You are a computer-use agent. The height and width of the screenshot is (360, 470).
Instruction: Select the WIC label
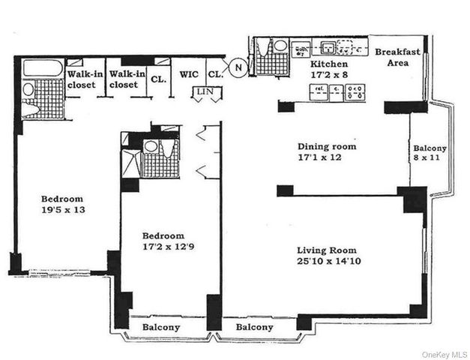tap(188, 75)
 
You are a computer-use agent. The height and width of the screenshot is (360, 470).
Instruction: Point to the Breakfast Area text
tap(397, 58)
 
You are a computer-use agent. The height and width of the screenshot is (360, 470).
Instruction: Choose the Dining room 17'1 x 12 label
tap(327, 152)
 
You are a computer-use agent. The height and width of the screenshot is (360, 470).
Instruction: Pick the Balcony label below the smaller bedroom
tap(160, 328)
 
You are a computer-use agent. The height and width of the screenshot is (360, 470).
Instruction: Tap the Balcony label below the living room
tap(254, 328)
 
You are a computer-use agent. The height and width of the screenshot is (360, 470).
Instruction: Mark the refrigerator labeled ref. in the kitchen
tap(318, 93)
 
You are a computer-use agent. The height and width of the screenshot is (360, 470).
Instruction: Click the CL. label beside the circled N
tap(214, 75)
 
